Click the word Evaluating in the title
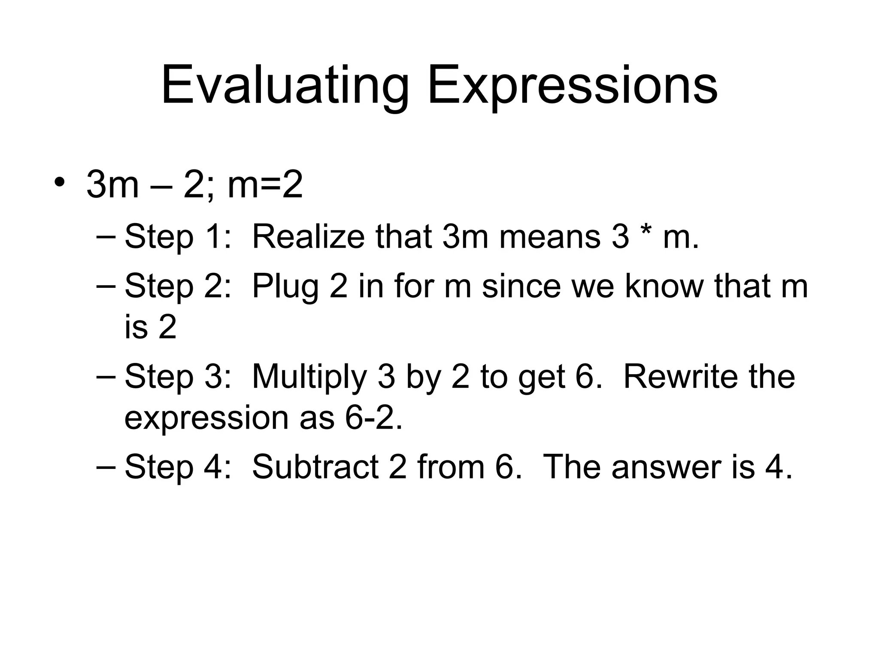(x=285, y=86)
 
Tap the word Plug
(x=285, y=286)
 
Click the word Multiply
(x=309, y=377)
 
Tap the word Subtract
(x=315, y=467)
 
